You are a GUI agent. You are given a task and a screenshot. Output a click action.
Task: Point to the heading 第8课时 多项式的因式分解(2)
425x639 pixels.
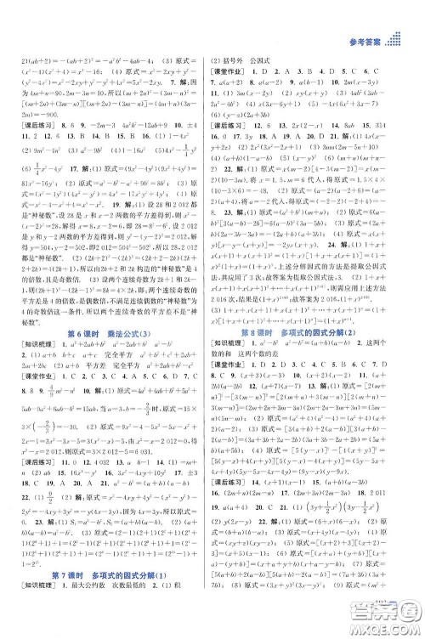coord(316,331)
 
